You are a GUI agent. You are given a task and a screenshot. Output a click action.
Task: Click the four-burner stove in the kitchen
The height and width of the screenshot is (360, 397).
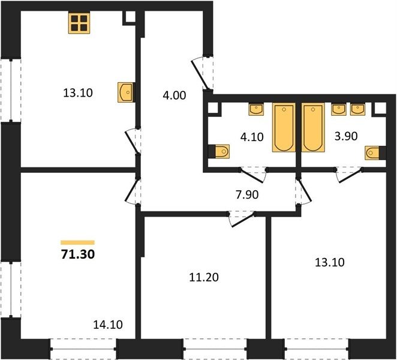point(79,23)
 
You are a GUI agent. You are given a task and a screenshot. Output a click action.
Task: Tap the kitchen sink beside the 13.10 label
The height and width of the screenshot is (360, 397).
point(125,92)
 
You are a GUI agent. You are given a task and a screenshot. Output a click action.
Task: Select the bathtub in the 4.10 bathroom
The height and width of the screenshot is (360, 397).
point(284,127)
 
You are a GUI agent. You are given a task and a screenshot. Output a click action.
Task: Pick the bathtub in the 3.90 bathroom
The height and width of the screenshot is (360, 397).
point(313,127)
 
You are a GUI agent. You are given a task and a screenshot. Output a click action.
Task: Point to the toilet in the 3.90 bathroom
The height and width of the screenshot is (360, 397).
point(374,153)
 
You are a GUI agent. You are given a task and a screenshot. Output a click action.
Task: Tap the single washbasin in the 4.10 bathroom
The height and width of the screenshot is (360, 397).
point(256,109)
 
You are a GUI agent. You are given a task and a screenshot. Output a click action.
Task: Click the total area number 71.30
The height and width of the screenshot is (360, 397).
point(78,254)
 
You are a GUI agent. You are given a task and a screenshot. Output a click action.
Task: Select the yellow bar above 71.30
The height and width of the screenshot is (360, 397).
point(77,242)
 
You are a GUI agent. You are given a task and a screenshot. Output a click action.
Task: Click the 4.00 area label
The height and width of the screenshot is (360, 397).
point(174,95)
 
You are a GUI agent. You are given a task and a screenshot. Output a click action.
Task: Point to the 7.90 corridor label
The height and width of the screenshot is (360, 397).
point(247,194)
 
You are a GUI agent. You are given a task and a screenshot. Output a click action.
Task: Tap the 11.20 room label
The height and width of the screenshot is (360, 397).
point(204,277)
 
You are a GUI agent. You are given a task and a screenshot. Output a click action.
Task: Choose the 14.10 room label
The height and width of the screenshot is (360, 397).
point(108,325)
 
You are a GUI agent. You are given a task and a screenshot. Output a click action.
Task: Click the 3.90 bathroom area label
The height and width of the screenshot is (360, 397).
point(346,136)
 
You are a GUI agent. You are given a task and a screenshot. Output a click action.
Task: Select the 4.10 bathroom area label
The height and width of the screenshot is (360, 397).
point(252,137)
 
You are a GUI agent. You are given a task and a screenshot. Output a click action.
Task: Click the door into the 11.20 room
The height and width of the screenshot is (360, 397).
point(242,219)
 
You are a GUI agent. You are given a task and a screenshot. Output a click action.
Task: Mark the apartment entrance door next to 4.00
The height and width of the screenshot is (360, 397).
point(202,74)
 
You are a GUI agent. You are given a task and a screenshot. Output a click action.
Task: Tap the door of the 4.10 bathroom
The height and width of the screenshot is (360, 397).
point(253,175)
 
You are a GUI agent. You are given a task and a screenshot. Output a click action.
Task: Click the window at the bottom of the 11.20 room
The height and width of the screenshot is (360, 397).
point(215,349)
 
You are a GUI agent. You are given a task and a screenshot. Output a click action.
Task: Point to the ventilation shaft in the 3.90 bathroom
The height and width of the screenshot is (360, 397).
point(379,109)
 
